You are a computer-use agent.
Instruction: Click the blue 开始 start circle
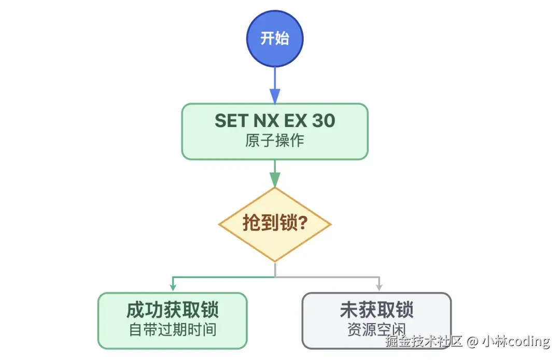(275, 39)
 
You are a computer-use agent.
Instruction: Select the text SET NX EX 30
(275, 121)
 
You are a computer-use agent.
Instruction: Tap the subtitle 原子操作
(275, 141)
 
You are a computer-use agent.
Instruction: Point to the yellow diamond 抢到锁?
(275, 224)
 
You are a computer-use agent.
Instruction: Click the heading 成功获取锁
(172, 310)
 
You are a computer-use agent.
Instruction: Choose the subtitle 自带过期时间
(172, 330)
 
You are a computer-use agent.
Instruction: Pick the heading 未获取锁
(377, 310)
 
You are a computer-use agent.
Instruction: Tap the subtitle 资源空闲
(377, 330)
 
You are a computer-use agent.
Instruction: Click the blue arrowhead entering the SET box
(275, 96)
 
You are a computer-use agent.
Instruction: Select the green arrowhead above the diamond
(275, 179)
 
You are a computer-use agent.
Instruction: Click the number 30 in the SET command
(324, 121)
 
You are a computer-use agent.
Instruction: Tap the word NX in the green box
(265, 121)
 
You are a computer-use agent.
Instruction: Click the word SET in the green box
(231, 121)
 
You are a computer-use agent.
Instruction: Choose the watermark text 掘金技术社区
(424, 341)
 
